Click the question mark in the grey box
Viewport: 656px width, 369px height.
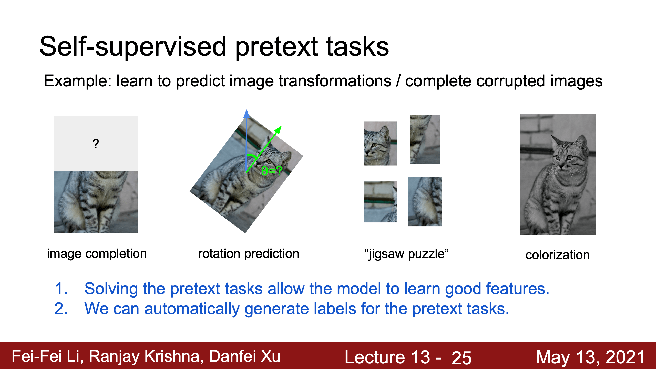[x=96, y=144]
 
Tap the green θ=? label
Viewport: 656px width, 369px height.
[x=272, y=171]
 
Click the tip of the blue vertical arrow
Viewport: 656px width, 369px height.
[x=247, y=109]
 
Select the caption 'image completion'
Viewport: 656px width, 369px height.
[x=97, y=254]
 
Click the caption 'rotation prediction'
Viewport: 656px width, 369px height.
[x=249, y=254]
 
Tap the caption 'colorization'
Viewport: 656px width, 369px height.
[x=558, y=255]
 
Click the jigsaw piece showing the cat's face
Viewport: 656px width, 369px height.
[x=380, y=143]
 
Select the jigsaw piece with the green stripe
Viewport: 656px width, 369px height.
[x=380, y=202]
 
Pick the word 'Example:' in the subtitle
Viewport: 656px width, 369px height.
[x=78, y=81]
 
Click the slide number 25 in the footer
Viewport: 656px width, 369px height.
[x=462, y=358]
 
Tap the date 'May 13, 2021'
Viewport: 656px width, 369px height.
[x=590, y=357]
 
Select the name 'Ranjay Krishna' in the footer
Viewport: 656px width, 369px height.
[x=146, y=356]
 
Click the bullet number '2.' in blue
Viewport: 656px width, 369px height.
[x=61, y=309]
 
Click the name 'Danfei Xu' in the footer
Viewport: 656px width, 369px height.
[x=245, y=356]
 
